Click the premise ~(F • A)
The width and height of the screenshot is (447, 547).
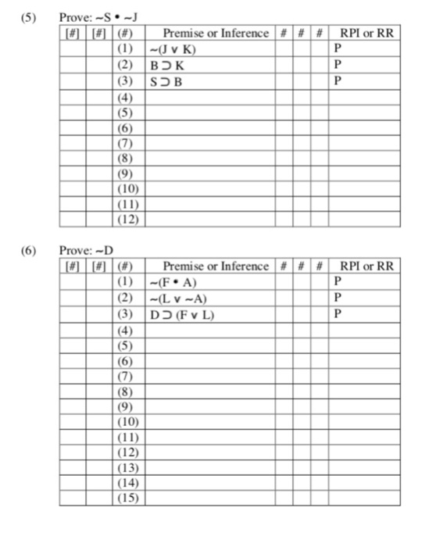(172, 281)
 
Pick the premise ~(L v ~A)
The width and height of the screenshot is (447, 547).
(175, 298)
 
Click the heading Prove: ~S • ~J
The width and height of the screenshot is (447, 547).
(93, 17)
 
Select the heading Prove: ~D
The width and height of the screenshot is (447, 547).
(87, 250)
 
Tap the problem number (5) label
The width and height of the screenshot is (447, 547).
(29, 17)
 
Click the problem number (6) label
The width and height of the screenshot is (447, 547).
(29, 250)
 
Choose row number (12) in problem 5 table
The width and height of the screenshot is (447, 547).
(126, 220)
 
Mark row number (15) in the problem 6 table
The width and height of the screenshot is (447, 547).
(126, 498)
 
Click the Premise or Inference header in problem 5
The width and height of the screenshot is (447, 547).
(215, 33)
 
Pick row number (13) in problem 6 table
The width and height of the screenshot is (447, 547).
(126, 467)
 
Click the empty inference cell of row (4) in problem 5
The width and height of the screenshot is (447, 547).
(209, 97)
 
